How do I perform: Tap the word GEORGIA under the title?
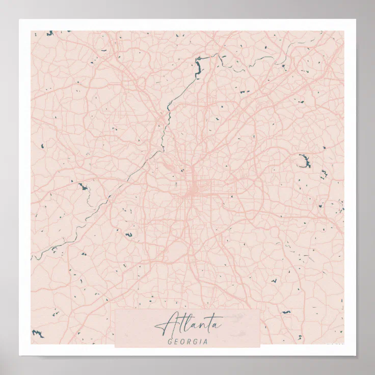187,341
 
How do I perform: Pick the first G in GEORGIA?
170,341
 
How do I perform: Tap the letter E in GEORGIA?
176,341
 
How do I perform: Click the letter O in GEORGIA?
182,341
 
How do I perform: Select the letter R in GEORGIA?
188,341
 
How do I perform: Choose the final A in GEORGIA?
205,341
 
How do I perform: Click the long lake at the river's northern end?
198,66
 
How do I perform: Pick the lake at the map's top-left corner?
49,34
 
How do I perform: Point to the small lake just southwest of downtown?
128,235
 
